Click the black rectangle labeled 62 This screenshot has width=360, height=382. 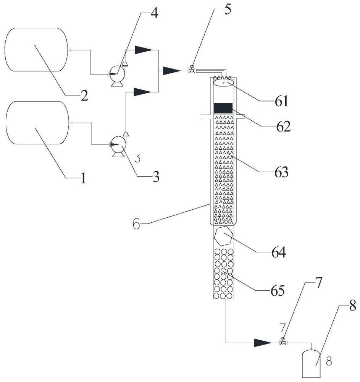coord(223,108)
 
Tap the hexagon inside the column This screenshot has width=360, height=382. coord(223,236)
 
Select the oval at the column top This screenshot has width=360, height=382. coord(224,83)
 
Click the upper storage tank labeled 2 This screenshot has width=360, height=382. coord(36,50)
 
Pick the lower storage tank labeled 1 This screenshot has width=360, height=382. coord(37,123)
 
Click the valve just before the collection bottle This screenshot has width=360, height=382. coord(283,342)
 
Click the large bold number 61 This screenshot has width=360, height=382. coord(282,101)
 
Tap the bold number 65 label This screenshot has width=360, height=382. coord(278,290)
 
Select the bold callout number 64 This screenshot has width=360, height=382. coord(279,253)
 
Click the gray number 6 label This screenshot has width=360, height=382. coord(137,223)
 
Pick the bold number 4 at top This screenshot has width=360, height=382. coord(155,13)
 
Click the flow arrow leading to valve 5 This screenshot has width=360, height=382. coord(172,71)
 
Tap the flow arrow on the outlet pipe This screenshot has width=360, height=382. coord(263,343)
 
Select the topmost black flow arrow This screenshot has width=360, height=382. coord(144,50)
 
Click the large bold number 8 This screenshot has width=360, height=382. coord(353,306)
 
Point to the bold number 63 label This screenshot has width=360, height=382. coord(281,172)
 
